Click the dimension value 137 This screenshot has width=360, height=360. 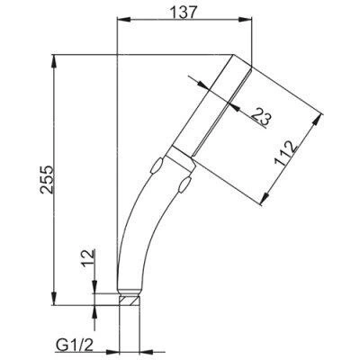coord(184,13)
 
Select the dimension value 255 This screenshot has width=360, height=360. coord(48,179)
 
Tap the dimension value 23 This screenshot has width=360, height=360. coord(260,116)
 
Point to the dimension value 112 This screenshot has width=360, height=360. coord(286,153)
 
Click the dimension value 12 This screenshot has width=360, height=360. coord(88,259)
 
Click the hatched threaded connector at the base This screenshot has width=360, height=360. coord(130,301)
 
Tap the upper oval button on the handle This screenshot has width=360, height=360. coord(157,165)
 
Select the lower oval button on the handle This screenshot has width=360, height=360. coord(184,184)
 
